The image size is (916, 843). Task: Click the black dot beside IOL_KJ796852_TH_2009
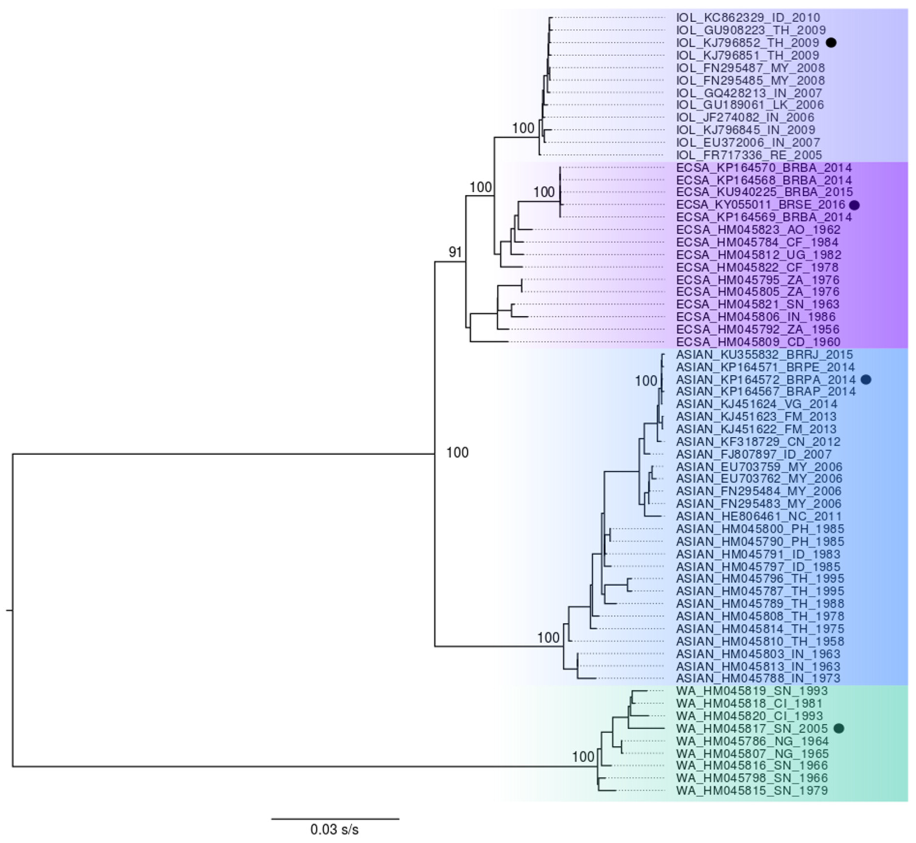coord(831,43)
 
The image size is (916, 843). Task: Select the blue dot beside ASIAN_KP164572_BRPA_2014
coord(866,380)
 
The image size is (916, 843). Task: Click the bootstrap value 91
coord(455,252)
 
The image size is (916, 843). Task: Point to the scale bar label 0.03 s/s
coord(335,829)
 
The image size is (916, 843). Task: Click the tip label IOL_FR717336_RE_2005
coord(749,155)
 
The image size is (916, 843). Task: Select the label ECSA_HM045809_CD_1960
coord(758,342)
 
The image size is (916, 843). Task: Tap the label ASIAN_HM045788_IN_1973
coord(758,678)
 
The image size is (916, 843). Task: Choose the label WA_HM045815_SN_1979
coord(752,791)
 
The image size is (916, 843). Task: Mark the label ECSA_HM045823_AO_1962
coord(758,229)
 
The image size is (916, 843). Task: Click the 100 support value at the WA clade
coord(583,757)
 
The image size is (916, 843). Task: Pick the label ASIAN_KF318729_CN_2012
coord(758,442)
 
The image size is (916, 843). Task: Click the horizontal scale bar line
coord(335,819)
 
